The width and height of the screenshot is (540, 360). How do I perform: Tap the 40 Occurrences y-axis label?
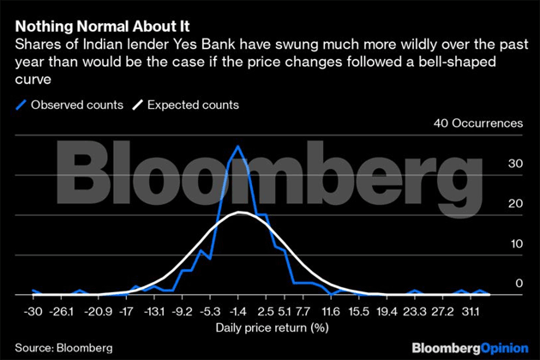pos(479,123)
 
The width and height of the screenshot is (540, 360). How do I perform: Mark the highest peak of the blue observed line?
pos(237,147)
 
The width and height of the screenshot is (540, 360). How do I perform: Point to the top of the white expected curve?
pos(242,212)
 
